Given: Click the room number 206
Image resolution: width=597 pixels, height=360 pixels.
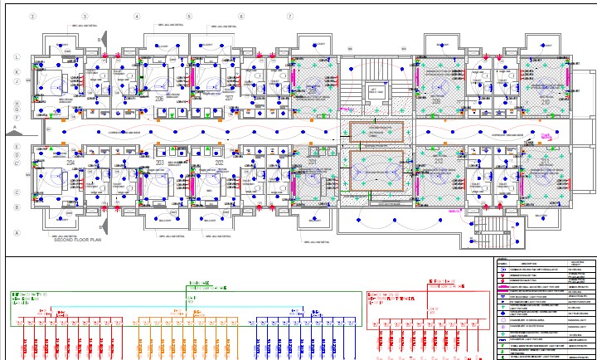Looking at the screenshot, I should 160,97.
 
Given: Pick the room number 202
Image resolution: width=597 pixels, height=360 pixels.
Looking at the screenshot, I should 219,163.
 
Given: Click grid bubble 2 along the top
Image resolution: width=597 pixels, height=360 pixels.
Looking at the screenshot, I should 32,17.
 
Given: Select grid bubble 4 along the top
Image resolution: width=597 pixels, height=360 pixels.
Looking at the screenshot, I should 137,17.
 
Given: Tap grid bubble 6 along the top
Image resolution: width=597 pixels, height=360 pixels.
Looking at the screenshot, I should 241,17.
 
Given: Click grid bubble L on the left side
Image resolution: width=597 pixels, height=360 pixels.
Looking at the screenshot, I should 17,56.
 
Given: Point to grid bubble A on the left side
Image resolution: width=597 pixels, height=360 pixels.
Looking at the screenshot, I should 17,233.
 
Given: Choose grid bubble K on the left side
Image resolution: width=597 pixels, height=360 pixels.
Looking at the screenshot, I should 17,72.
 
